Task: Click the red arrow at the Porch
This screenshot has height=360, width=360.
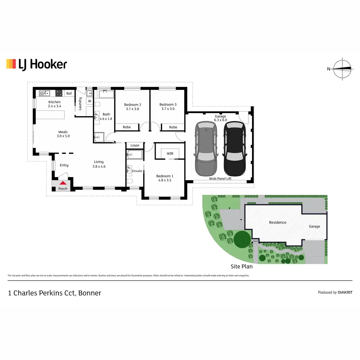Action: point(63,183)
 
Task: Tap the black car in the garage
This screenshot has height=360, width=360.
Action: point(235,148)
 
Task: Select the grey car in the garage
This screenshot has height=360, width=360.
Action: point(206,148)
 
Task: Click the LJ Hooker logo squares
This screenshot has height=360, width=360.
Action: point(11,64)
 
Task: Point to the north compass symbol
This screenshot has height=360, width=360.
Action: point(342,69)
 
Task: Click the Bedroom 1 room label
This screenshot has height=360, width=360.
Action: point(165,176)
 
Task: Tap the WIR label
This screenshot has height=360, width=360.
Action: point(170,154)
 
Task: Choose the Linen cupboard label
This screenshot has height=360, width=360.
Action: point(135,145)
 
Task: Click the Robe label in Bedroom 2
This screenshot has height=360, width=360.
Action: point(127,127)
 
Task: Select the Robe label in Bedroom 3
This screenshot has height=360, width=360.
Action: point(173,127)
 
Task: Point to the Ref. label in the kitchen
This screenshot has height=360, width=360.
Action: point(69,94)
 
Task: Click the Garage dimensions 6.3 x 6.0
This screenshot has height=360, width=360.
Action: point(220,120)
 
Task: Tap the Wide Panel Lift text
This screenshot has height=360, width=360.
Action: point(220,178)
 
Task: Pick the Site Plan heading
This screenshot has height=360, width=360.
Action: point(241,266)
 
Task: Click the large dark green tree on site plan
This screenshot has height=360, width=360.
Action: point(242,239)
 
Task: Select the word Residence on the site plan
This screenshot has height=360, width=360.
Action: point(277,222)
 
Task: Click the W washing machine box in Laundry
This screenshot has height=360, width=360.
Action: point(89,101)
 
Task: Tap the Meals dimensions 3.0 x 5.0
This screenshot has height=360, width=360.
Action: point(63,136)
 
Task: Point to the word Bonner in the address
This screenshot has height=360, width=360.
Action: point(90,293)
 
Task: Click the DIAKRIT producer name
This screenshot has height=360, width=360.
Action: point(345,292)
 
